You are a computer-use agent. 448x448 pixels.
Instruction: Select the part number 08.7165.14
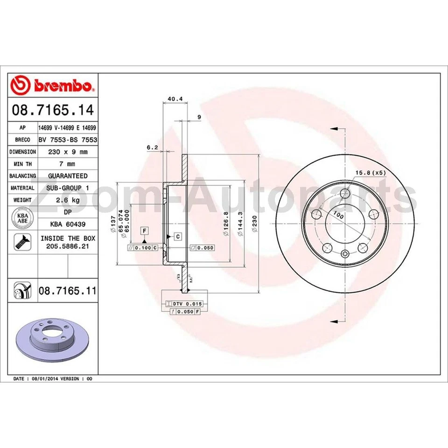tap(52, 111)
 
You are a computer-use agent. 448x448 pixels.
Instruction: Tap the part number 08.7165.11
tap(67, 291)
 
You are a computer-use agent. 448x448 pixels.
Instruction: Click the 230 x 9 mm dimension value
tap(68, 152)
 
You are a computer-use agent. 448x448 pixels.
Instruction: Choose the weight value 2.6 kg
tap(68, 200)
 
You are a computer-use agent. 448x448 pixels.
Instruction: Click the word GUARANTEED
tap(68, 176)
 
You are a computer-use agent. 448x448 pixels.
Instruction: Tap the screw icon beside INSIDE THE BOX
tap(22, 241)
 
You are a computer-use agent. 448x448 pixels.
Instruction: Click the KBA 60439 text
tap(68, 224)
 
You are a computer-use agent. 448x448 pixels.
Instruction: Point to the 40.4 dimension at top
tap(175, 99)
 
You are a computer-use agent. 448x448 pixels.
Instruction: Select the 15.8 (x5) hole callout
tap(371, 173)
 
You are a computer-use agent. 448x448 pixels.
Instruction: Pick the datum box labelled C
tap(178, 237)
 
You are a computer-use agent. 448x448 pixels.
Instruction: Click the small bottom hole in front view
tap(345, 254)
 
